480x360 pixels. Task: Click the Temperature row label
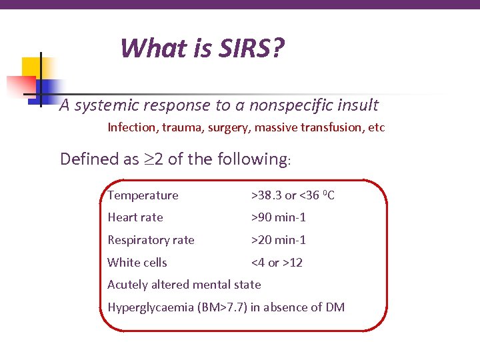coord(143,195)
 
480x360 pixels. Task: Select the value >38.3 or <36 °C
coord(293,195)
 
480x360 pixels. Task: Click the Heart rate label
coord(135,217)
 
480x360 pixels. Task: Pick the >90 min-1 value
coord(278,217)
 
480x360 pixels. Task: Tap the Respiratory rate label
coord(151,240)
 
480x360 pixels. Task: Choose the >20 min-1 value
coord(278,240)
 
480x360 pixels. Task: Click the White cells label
coord(137,263)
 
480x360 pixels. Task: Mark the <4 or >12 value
coord(276,263)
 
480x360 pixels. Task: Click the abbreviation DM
coord(335,307)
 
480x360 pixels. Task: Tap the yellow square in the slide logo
coord(32,67)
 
